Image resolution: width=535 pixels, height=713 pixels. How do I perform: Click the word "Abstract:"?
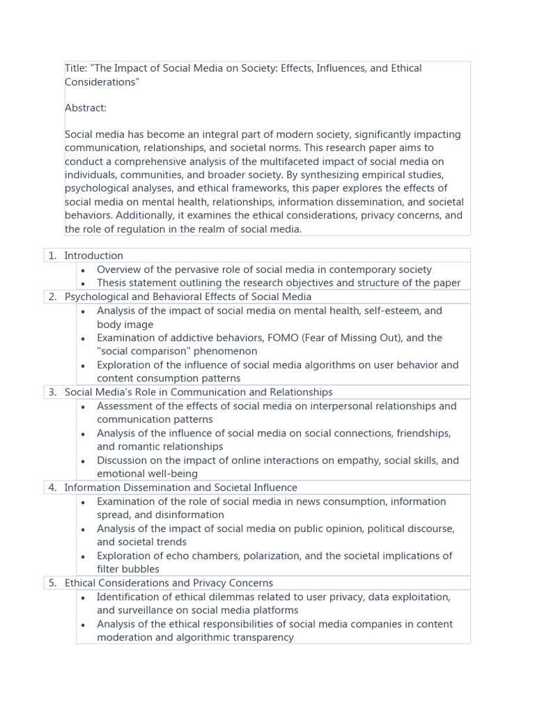pyautogui.click(x=86, y=108)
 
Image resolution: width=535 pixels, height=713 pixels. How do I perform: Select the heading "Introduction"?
pyautogui.click(x=93, y=256)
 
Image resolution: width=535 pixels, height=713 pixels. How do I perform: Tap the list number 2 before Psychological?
pyautogui.click(x=52, y=297)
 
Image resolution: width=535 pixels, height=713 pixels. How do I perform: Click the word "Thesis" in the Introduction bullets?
pyautogui.click(x=113, y=283)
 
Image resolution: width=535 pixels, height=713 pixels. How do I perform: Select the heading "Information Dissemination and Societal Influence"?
pyautogui.click(x=180, y=487)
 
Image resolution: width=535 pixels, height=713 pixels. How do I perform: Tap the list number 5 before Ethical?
pyautogui.click(x=52, y=583)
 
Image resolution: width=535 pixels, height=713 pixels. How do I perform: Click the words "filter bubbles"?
pyautogui.click(x=128, y=569)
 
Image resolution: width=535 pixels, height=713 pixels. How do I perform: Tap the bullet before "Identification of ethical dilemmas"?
pyautogui.click(x=83, y=597)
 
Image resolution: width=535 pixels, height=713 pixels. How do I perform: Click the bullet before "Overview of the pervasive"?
pyautogui.click(x=83, y=270)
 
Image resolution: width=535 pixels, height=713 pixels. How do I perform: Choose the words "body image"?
pyautogui.click(x=125, y=324)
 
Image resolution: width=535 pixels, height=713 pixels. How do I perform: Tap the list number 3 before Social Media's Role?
pyautogui.click(x=52, y=392)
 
